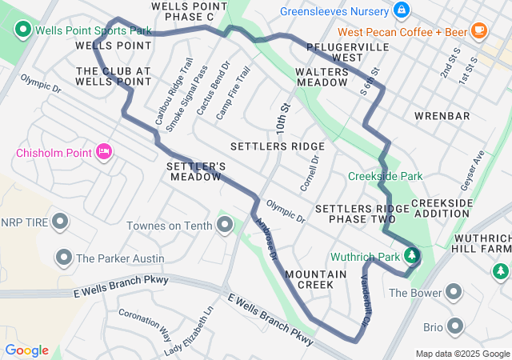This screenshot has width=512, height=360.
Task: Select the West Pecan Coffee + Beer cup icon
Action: tap(479, 31)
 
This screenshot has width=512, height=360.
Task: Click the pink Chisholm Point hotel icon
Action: tap(103, 152)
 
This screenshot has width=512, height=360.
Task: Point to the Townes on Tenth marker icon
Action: tap(225, 226)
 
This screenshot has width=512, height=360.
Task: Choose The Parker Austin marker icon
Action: tap(64, 258)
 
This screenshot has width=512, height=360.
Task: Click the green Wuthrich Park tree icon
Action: tap(411, 256)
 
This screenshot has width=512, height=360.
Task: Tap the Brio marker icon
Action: tap(456, 326)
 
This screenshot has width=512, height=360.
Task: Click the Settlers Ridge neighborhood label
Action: tap(278, 146)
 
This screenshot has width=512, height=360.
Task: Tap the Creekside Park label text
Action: tap(385, 176)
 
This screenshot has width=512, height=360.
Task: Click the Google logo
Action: tap(26, 350)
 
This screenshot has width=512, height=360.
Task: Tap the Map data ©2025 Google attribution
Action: tap(462, 354)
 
